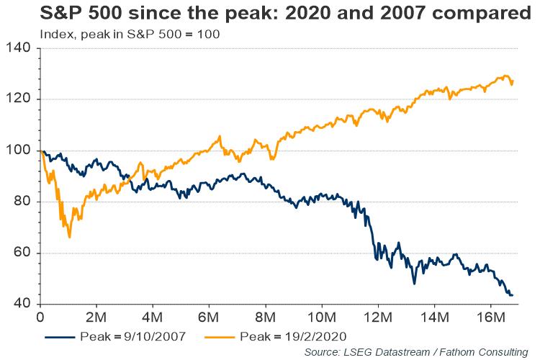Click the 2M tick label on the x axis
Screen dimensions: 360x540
pyautogui.click(x=96, y=318)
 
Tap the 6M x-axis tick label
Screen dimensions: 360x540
pyautogui.click(x=209, y=318)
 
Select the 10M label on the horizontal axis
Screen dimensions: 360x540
pyautogui.click(x=322, y=318)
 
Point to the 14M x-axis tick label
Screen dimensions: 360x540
pyautogui.click(x=434, y=318)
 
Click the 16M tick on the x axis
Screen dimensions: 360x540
pyautogui.click(x=490, y=318)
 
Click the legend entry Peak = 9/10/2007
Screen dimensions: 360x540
pyautogui.click(x=116, y=336)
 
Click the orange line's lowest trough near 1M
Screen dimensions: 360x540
pyautogui.click(x=69, y=237)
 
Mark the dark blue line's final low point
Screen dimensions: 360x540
pyautogui.click(x=510, y=295)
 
